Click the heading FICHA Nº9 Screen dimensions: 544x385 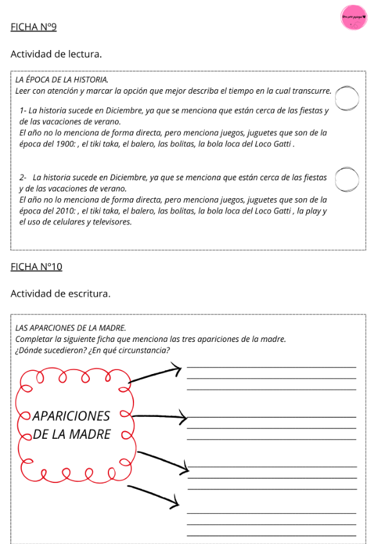(34, 27)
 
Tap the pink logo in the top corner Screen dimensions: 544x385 (354, 18)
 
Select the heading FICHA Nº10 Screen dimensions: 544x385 (37, 266)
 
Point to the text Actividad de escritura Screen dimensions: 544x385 (61, 293)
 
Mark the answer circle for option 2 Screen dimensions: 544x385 (346, 180)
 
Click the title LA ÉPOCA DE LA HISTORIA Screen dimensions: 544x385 (61, 80)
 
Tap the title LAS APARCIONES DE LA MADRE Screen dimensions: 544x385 (71, 328)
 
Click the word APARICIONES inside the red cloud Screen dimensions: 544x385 (71, 416)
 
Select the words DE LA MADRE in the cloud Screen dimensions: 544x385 (72, 434)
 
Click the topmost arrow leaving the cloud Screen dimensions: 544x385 (156, 375)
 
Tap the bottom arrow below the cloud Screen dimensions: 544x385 (154, 495)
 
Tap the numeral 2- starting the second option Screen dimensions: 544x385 (24, 177)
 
